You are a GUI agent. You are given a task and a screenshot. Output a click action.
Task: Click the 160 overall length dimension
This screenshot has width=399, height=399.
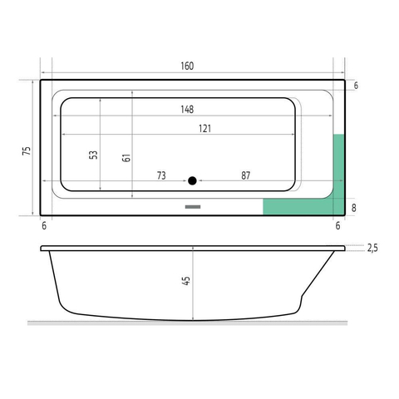pos(187,66)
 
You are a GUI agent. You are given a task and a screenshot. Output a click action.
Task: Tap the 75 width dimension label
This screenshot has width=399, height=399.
pos(27,151)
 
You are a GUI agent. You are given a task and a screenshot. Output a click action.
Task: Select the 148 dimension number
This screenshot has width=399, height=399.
pos(187,110)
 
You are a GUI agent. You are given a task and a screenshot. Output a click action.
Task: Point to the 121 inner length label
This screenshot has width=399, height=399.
pos(204,129)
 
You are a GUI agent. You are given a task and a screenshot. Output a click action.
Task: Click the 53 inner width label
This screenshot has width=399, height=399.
pos(93,155)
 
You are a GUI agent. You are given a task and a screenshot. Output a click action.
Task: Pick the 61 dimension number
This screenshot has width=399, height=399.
pos(126,158)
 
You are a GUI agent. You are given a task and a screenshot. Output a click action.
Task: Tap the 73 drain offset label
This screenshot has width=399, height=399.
pos(161,175)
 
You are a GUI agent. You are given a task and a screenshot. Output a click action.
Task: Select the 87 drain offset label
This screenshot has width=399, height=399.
pos(245,175)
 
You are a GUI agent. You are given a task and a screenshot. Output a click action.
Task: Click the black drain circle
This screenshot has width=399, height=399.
pos(192,180)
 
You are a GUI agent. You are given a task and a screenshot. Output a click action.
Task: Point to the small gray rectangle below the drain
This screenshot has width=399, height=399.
pos(193,207)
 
